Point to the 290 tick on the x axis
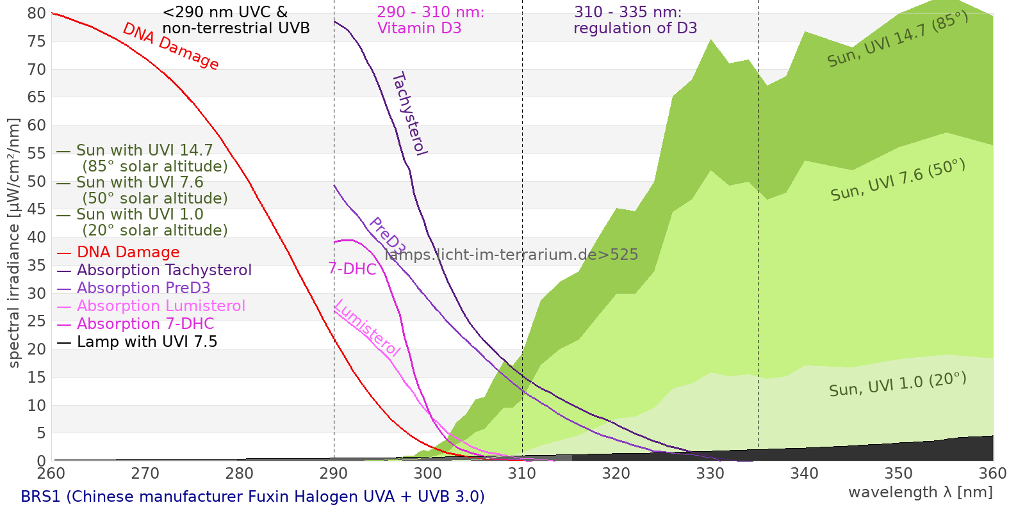(334, 474)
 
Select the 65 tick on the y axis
(37, 97)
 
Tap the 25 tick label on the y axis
(37, 321)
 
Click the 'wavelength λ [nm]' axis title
(920, 492)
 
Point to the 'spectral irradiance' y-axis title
(14, 243)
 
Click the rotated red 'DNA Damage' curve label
(170, 46)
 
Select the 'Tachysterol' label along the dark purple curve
(409, 114)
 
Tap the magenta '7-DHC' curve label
(352, 269)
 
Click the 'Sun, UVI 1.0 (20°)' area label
(898, 385)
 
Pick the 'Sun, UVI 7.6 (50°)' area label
(898, 180)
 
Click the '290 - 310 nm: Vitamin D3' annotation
(430, 20)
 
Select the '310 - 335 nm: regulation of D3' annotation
(634, 20)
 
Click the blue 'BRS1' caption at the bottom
(252, 497)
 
